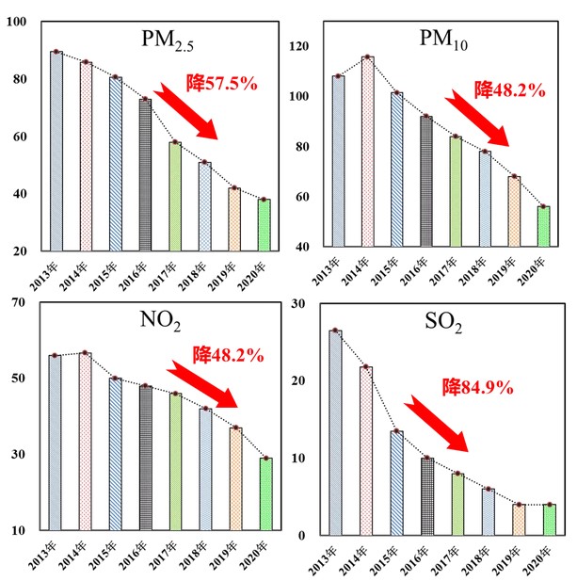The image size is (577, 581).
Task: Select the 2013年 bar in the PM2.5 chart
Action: pos(56,152)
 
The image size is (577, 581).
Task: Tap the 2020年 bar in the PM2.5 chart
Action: pos(264,225)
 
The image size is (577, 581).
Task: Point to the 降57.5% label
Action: pos(225,83)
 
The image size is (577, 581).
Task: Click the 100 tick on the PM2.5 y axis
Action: pos(16,22)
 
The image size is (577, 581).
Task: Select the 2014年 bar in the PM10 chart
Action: pos(368,152)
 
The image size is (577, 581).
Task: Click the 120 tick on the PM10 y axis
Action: pos(298,46)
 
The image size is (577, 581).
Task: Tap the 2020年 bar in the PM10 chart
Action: pos(543,226)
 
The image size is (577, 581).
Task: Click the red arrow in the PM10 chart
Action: pos(480,118)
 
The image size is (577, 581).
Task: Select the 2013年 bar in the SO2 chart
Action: pos(336,432)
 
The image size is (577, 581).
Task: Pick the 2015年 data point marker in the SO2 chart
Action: pos(396,431)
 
